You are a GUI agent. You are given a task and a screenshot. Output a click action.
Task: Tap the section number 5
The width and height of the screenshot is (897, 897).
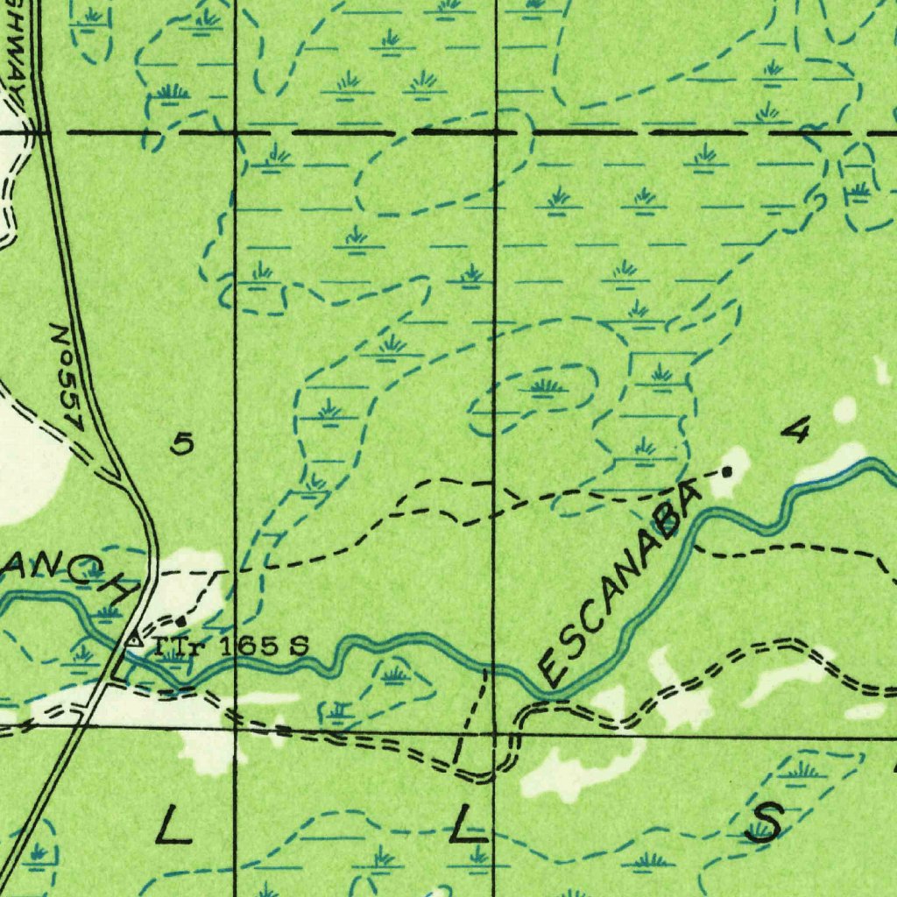coord(181,445)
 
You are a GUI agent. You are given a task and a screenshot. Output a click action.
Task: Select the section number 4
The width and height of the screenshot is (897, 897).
coord(796,430)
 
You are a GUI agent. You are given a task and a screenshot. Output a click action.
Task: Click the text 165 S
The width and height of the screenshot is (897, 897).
coord(262,647)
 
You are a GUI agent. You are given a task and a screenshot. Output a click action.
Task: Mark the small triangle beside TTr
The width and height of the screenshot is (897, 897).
coord(133,640)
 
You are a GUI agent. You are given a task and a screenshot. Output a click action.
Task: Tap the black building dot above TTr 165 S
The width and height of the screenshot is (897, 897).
coord(180,621)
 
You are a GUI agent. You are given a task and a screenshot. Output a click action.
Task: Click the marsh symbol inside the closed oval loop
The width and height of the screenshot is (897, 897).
coord(544,386)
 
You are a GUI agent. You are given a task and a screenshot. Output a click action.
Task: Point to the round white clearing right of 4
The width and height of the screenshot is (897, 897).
coord(844,409)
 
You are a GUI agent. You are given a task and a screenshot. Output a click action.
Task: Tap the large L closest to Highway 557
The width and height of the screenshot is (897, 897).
coord(173,825)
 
